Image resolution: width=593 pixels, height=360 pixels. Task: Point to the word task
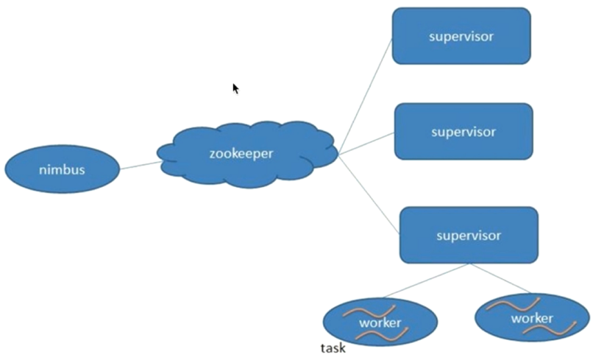pos(333,348)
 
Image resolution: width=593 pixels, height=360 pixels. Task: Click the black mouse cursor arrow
pos(235,88)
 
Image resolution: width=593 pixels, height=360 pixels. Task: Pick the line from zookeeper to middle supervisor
pos(366,144)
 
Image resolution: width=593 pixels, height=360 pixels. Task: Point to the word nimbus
pos(62,170)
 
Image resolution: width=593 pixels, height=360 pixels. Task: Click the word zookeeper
pos(241,155)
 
